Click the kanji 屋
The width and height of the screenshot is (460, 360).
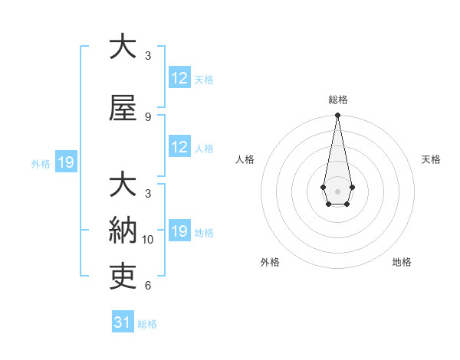(123, 109)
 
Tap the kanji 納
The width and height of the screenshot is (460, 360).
(123, 229)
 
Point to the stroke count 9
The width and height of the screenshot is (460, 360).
(148, 117)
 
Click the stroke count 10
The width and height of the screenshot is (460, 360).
(148, 240)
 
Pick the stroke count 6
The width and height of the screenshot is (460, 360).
(148, 286)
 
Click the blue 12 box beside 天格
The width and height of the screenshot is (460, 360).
(179, 78)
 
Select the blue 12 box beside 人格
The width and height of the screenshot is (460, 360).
(179, 147)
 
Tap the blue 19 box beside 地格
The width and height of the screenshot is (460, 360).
(179, 231)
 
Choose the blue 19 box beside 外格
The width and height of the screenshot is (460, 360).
(65, 162)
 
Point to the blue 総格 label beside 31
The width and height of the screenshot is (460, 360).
(147, 323)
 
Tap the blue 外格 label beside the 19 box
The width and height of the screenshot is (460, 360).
(40, 163)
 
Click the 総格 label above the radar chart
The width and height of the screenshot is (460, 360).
(338, 100)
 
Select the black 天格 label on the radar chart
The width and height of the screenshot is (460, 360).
(431, 159)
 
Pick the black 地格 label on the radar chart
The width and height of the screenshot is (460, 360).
(402, 262)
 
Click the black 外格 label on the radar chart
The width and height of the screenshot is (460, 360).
(270, 262)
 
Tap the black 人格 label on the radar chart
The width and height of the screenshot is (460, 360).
(245, 159)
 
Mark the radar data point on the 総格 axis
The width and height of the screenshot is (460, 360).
(337, 116)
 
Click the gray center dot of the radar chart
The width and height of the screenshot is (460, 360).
(337, 191)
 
